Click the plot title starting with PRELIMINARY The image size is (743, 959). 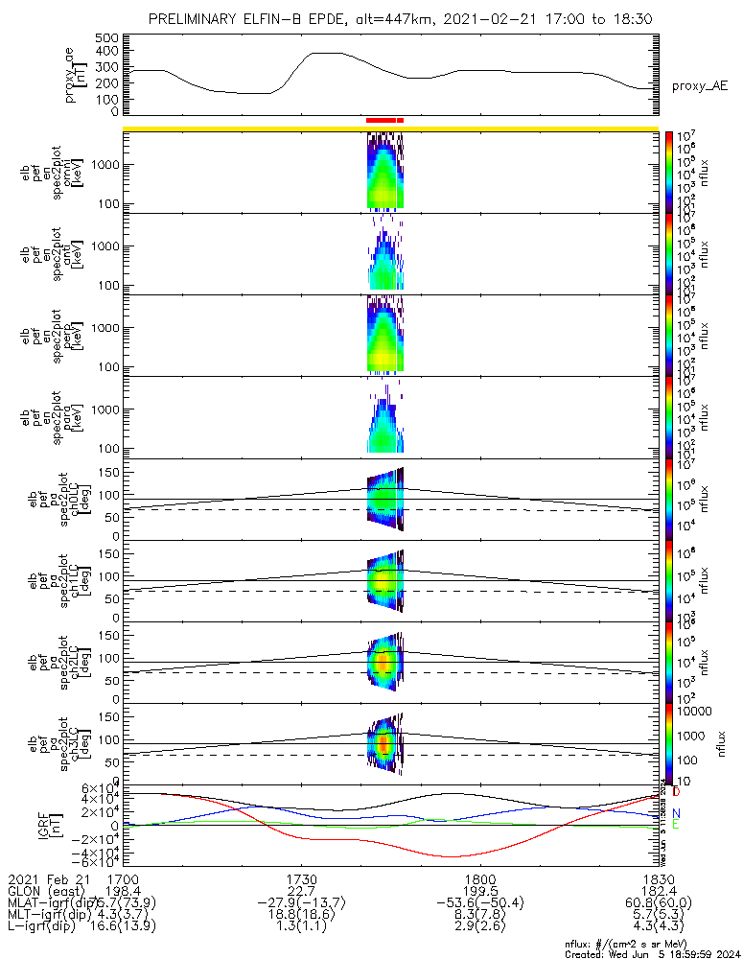pyautogui.click(x=403, y=18)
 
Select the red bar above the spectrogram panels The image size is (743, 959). pyautogui.click(x=384, y=120)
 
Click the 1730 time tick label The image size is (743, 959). pyautogui.click(x=301, y=878)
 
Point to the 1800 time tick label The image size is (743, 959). pyautogui.click(x=479, y=878)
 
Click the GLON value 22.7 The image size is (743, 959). pyautogui.click(x=301, y=891)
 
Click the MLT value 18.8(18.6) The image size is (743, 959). pyautogui.click(x=301, y=916)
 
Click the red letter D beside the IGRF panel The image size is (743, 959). pyautogui.click(x=677, y=792)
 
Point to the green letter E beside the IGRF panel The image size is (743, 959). pyautogui.click(x=677, y=825)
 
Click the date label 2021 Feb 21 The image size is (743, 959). pyautogui.click(x=48, y=878)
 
